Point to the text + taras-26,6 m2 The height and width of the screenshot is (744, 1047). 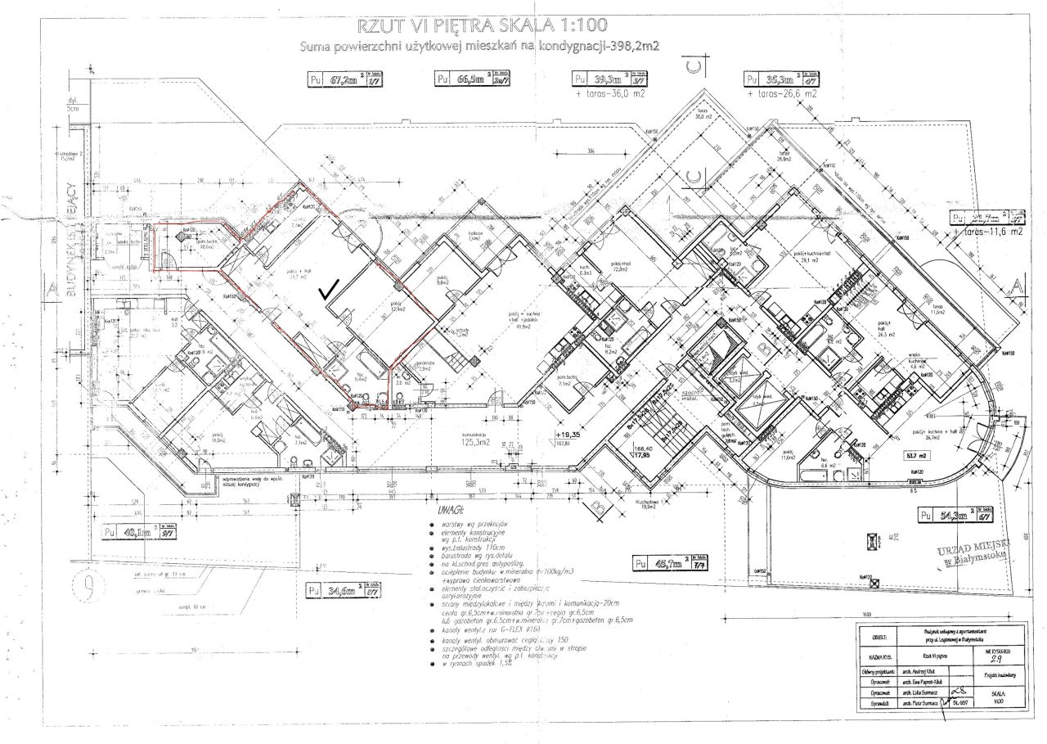(x=777, y=95)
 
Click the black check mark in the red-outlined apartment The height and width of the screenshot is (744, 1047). (x=329, y=287)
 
